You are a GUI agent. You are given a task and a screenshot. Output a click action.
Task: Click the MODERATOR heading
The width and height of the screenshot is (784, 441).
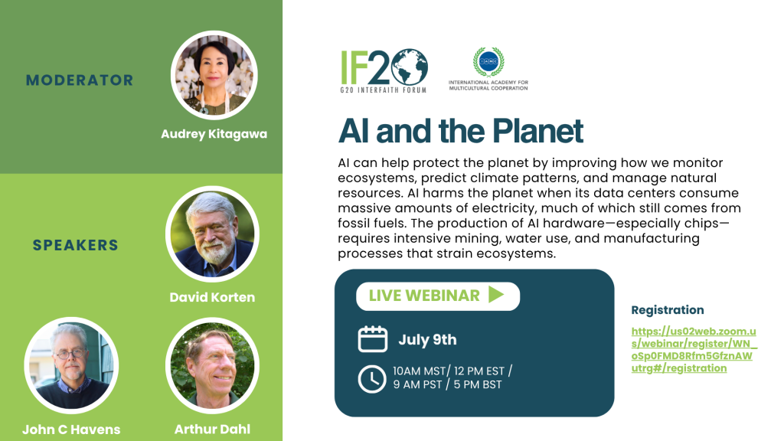click(x=80, y=80)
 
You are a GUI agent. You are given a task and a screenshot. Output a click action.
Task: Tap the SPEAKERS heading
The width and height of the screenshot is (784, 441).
click(x=76, y=245)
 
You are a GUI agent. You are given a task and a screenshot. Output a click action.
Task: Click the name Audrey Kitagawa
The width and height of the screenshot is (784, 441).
click(x=214, y=134)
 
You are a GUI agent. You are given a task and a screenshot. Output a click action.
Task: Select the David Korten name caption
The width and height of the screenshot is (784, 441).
click(x=213, y=297)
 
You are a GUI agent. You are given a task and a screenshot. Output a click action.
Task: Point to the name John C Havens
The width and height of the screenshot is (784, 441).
click(x=71, y=429)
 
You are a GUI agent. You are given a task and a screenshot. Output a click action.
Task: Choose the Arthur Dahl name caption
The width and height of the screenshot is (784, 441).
click(x=213, y=429)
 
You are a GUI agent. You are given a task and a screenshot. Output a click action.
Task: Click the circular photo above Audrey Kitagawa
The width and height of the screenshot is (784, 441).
click(x=214, y=75)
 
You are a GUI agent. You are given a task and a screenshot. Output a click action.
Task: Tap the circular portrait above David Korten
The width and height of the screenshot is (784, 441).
click(x=213, y=234)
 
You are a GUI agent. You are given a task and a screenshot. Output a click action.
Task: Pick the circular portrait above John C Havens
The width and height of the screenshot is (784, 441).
click(x=71, y=365)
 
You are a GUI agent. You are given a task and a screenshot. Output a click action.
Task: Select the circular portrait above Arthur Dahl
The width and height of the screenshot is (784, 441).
click(x=213, y=365)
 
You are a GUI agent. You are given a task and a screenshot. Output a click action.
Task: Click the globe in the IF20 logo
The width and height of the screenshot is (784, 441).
click(x=410, y=67)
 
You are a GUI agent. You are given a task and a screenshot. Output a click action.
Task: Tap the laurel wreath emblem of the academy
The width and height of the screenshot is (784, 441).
click(x=488, y=62)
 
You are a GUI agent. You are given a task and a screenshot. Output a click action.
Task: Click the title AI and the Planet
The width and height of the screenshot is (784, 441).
click(x=460, y=131)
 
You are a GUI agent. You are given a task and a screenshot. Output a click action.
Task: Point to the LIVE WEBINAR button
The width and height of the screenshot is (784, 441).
click(x=438, y=296)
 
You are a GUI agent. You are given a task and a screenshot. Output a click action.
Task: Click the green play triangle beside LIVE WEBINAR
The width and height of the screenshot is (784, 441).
click(x=496, y=295)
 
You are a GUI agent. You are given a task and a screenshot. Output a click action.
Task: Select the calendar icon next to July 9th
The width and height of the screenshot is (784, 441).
click(x=373, y=339)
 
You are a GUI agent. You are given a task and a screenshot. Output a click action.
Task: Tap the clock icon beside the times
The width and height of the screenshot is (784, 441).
click(x=372, y=379)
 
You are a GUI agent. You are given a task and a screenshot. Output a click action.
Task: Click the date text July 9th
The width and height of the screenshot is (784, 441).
click(x=427, y=340)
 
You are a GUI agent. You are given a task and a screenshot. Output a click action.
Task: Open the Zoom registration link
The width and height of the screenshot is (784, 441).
click(x=694, y=349)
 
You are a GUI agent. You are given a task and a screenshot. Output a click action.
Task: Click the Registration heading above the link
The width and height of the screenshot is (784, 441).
click(x=668, y=310)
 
